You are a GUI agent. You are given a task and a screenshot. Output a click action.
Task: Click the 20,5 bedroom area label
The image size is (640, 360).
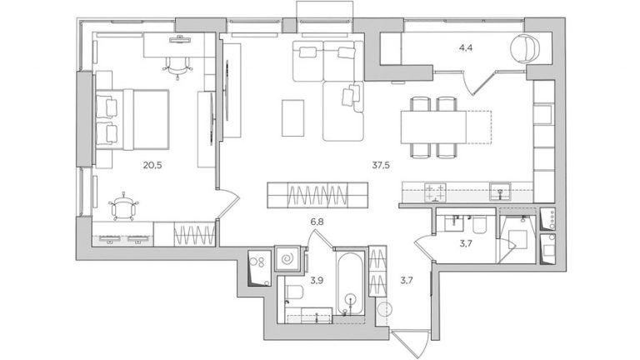(x=151, y=165)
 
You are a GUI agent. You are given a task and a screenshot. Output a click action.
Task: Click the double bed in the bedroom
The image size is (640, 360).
(x=133, y=117)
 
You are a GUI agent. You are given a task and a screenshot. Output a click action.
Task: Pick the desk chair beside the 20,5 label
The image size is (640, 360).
(x=123, y=203)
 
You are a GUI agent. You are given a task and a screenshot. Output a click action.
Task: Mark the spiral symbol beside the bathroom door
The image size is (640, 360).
(x=288, y=258)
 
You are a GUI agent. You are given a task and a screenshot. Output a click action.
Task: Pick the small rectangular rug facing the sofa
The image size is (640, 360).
(x=292, y=117)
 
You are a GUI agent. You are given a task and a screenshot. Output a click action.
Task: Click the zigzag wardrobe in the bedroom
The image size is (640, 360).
(x=197, y=234)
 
